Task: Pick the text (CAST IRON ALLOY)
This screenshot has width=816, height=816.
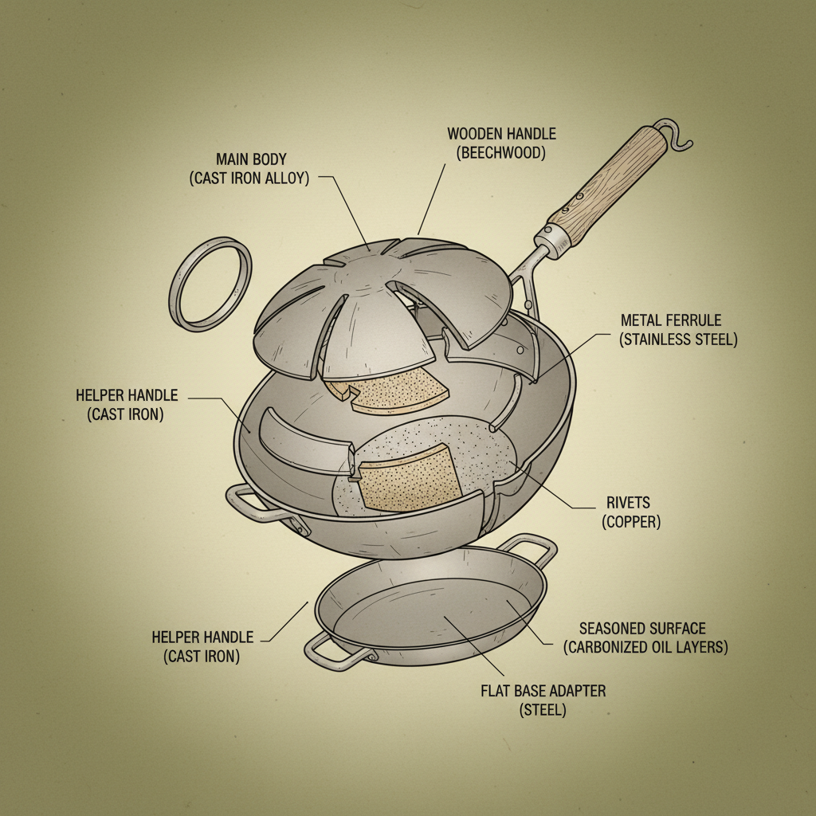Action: [249, 178]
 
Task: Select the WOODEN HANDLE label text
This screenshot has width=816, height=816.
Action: [501, 134]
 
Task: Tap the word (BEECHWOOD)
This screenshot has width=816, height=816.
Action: [501, 153]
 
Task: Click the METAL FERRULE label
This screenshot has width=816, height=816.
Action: [671, 320]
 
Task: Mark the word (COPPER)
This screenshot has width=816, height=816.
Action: [630, 522]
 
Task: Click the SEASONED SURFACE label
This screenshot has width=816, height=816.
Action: [642, 629]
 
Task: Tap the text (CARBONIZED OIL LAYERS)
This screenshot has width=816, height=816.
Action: [645, 647]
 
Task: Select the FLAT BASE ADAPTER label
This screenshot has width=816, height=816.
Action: [543, 691]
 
